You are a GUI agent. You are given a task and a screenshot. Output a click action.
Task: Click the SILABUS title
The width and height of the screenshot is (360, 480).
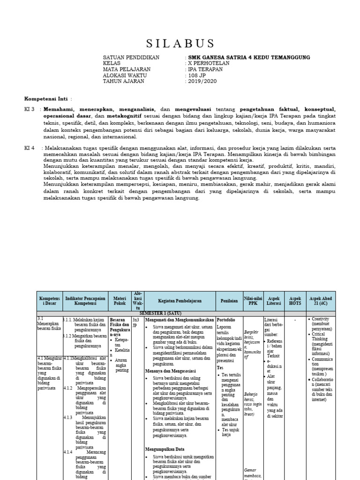[180, 44]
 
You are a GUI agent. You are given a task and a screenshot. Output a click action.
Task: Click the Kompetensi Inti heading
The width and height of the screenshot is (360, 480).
[46, 99]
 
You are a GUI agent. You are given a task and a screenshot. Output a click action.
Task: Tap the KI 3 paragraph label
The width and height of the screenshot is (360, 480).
[30, 109]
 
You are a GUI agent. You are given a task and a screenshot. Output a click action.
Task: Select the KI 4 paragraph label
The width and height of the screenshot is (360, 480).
[30, 148]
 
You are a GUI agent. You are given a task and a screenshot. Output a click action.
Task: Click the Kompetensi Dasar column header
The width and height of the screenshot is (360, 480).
[49, 300]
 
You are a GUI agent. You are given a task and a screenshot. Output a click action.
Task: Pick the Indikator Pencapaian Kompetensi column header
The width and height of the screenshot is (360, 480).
[84, 300]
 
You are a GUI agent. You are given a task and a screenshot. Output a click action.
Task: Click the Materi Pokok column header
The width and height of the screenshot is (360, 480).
[120, 300]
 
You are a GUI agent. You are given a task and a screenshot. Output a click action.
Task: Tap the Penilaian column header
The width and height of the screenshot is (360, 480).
[229, 300]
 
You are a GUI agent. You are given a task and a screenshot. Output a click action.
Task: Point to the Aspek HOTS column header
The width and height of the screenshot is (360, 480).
[295, 300]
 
